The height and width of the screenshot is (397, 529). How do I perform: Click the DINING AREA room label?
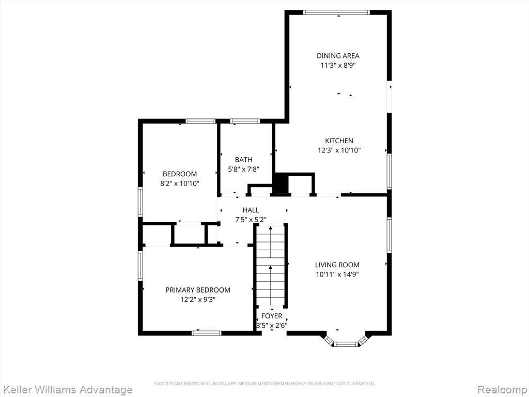tap(338, 56)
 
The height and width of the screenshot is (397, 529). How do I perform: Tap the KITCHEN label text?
tap(339, 141)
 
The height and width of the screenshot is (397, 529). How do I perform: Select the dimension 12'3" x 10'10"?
tap(339, 150)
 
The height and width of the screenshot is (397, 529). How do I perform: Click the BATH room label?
tap(244, 160)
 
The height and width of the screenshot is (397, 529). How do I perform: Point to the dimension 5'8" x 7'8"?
tap(244, 169)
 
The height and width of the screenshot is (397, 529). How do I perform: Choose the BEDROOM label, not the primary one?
tap(180, 174)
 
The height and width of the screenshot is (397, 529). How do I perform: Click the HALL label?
tap(251, 210)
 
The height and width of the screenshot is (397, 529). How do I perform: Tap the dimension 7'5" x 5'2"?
tap(251, 219)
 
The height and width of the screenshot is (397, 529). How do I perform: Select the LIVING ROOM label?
tap(337, 265)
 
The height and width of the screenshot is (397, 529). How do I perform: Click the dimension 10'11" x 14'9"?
tap(337, 274)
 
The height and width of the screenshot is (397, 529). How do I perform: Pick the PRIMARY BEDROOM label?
tap(198, 290)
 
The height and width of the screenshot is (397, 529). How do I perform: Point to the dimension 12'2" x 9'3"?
tap(198, 299)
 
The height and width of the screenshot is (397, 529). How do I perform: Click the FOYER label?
tap(272, 316)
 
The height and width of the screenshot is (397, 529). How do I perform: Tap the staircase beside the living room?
tap(271, 266)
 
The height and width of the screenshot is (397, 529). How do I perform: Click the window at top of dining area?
tap(336, 12)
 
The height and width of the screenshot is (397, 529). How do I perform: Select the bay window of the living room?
tap(346, 341)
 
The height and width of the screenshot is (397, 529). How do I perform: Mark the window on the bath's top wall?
tap(245, 121)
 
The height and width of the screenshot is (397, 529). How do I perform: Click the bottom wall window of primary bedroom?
tap(207, 333)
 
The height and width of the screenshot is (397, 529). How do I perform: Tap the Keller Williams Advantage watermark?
tap(67, 390)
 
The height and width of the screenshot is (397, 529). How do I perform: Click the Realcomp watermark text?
tap(502, 390)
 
